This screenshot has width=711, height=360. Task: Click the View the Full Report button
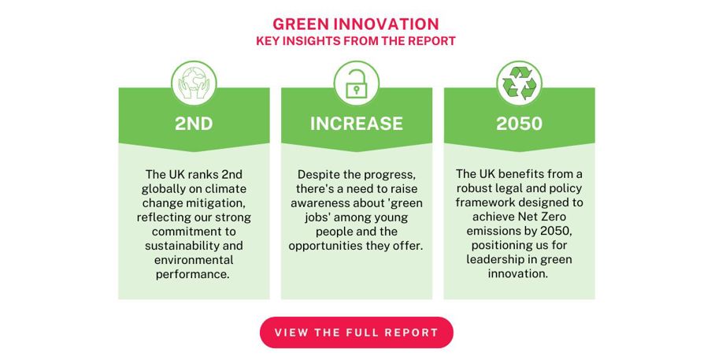point(357,332)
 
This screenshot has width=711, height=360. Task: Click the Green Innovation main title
point(356,24)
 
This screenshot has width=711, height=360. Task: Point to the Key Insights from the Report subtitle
point(356,41)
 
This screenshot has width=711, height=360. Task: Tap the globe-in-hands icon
point(194,84)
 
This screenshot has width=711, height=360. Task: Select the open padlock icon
point(357,84)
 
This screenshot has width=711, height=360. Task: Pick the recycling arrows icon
point(519,84)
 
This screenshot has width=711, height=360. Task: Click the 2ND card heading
point(194,124)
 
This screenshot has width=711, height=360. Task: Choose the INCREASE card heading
point(357,124)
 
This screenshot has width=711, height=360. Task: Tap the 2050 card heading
point(519,124)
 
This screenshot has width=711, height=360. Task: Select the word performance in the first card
point(192,274)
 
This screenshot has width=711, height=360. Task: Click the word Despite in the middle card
point(315,175)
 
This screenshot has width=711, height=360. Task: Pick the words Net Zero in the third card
point(543,217)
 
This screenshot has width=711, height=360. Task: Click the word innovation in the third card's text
point(518,274)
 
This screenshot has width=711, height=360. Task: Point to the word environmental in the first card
point(194,260)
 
